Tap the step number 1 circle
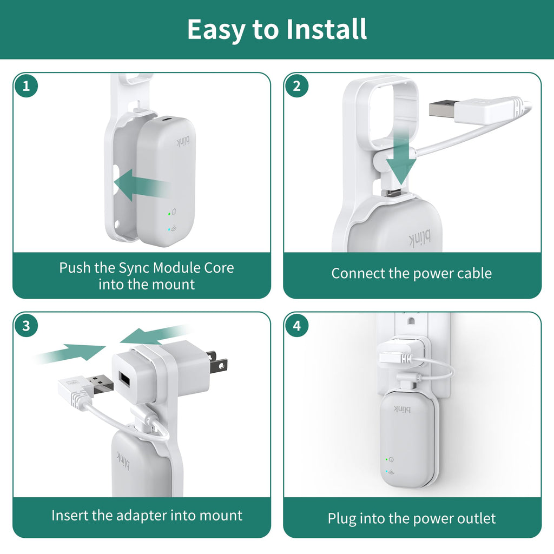click(26, 86)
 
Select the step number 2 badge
click(297, 86)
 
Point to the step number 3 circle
click(26, 325)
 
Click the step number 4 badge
click(297, 325)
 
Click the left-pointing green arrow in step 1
click(141, 185)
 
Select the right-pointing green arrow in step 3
click(71, 353)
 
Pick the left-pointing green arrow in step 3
click(155, 334)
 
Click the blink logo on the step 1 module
click(183, 141)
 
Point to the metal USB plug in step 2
click(441, 109)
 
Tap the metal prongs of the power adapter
click(217, 362)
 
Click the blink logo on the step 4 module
click(402, 409)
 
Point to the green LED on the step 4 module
click(386, 459)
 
